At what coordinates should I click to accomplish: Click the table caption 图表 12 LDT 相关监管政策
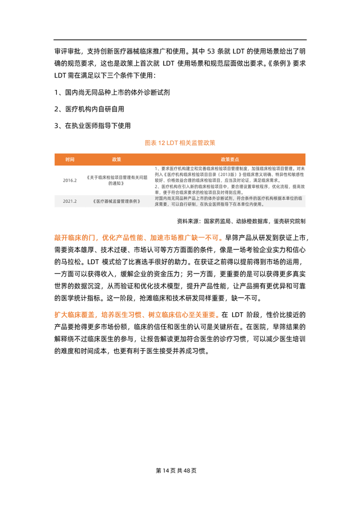point(180,143)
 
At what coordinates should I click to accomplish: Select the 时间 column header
point(70,159)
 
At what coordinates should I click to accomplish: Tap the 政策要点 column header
point(229,159)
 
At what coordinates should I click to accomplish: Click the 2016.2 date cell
point(70,181)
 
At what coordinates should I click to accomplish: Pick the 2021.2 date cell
point(70,200)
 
